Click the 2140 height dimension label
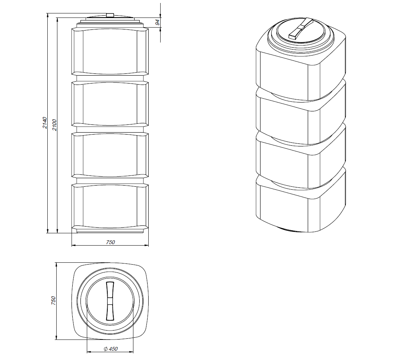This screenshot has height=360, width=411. (x=45, y=123)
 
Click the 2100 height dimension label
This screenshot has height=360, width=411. (x=54, y=125)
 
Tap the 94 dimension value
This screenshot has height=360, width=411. (x=158, y=22)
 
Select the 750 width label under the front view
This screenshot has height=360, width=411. (x=110, y=242)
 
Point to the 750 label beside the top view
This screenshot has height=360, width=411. (x=53, y=300)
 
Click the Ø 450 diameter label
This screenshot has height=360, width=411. (x=111, y=349)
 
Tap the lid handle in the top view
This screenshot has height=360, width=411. (x=110, y=301)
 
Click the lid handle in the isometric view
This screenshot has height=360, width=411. (x=301, y=28)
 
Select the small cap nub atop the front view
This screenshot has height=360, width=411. (x=110, y=15)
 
